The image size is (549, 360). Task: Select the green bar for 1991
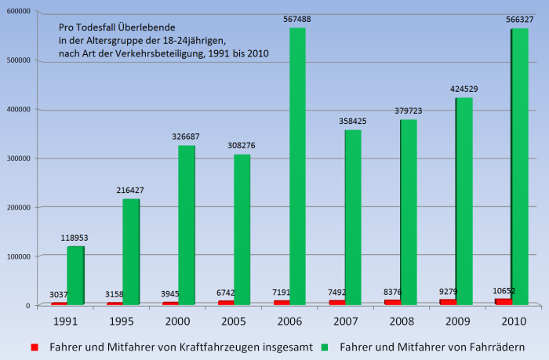pos(75,275)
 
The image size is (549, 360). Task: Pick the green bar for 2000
pos(187,225)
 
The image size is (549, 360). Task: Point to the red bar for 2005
pos(225,302)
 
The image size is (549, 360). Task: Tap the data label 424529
pos(463,89)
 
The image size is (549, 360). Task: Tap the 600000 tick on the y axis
pos(16,11)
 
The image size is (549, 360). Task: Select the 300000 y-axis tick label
pos(16,158)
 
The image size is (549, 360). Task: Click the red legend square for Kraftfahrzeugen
pos(35,345)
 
